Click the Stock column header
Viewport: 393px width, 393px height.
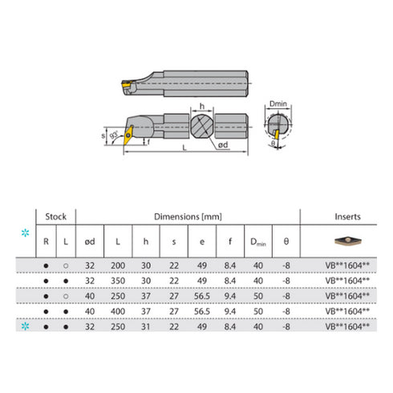click(56, 217)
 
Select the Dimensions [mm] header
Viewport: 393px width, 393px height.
click(188, 217)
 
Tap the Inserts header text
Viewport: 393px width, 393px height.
click(346, 217)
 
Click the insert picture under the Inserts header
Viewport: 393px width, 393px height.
click(346, 240)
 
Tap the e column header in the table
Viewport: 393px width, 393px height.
click(201, 240)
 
